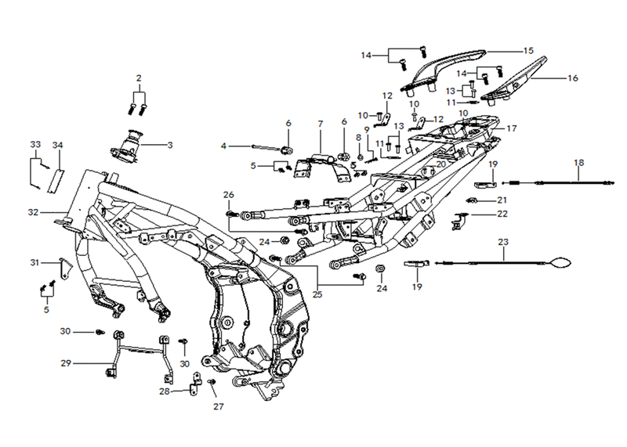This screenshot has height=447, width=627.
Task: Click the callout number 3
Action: tap(170, 145)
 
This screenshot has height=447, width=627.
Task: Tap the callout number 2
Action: tap(139, 78)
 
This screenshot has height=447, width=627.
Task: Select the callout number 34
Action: tap(57, 145)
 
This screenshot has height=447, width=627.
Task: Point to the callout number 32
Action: tap(33, 212)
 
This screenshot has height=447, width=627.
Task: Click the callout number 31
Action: tap(35, 262)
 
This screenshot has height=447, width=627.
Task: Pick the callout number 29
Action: tap(66, 363)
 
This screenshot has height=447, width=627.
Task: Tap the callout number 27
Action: tap(219, 406)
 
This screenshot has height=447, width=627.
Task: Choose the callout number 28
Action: tap(165, 391)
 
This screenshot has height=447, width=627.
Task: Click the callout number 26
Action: tap(229, 195)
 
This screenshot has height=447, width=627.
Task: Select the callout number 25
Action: tap(317, 295)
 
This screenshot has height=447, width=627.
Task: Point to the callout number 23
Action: tap(503, 242)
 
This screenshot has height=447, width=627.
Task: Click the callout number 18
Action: tap(578, 163)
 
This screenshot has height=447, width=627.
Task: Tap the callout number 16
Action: tap(573, 78)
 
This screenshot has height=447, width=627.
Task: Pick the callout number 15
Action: tap(528, 51)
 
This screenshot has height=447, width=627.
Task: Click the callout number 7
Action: tap(321, 124)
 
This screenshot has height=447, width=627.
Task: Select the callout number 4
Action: tap(223, 146)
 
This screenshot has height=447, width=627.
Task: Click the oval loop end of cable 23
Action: tap(560, 262)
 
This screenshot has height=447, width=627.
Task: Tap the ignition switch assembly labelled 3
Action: tap(127, 146)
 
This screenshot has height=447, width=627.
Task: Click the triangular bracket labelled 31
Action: tap(66, 269)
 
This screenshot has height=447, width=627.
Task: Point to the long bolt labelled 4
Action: tap(266, 148)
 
